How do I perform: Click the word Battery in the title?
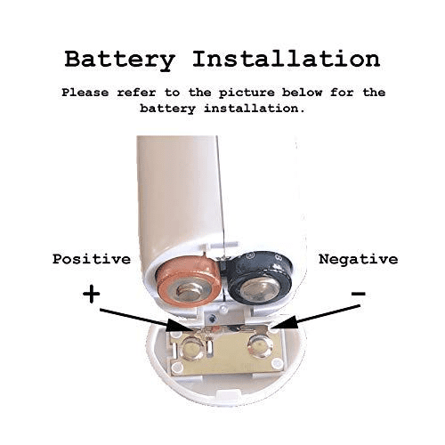point(120,61)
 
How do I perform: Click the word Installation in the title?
point(287,59)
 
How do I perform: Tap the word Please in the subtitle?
point(85,93)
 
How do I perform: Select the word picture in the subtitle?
point(247,93)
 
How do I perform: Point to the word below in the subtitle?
point(302,93)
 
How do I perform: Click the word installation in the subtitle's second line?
point(255,109)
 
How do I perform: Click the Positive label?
point(92,259)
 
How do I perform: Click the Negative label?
point(359,259)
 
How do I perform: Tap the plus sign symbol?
point(92,294)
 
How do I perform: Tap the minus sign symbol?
point(359,294)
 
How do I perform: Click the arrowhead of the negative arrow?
point(287,323)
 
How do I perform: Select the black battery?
point(259,279)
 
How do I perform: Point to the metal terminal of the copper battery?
point(189,292)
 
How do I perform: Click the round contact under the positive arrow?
point(192,348)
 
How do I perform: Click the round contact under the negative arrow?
point(260,346)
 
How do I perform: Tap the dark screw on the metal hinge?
point(212,320)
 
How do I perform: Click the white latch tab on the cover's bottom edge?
point(228,395)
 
